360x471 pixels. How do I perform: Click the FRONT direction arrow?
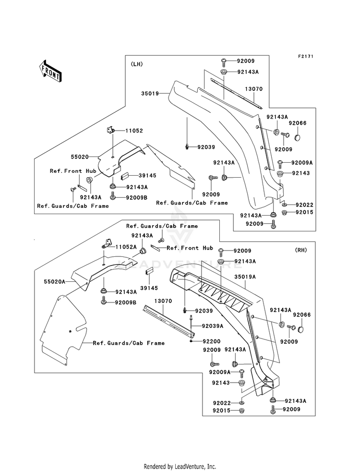[50, 71]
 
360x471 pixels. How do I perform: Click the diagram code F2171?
[306, 56]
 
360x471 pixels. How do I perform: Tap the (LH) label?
[137, 64]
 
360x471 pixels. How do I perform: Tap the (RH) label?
[301, 250]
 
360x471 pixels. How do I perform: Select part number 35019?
[150, 94]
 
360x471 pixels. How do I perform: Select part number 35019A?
[245, 277]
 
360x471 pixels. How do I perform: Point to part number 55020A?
[54, 282]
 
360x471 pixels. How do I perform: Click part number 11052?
[134, 131]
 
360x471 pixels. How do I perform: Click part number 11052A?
[126, 247]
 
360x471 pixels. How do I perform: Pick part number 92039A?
[213, 326]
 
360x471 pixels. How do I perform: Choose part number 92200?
[211, 341]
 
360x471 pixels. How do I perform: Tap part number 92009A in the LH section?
[302, 163]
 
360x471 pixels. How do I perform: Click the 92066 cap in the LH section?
[298, 137]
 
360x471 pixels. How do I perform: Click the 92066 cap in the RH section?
[301, 329]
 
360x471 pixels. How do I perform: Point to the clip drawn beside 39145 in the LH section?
[125, 176]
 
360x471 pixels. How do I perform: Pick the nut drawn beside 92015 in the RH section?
[241, 411]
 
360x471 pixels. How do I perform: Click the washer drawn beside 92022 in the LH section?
[284, 205]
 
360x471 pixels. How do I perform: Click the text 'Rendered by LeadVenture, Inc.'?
[180, 466]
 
